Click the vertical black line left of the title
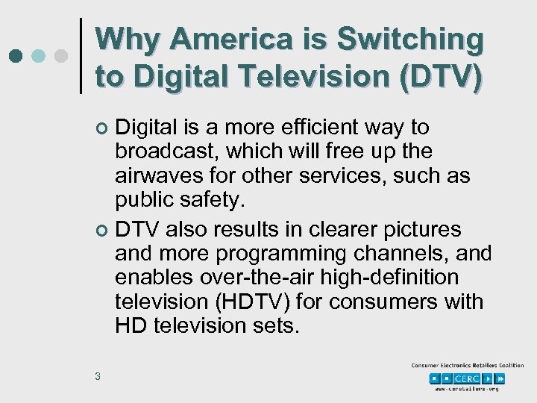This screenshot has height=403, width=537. click(81, 56)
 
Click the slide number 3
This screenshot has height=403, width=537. click(98, 376)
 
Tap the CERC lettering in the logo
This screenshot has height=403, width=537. click(467, 378)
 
